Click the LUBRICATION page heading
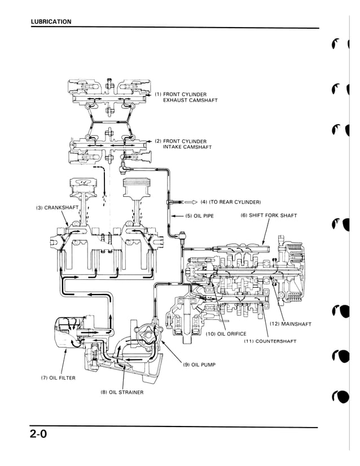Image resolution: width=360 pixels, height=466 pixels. coord(51,22)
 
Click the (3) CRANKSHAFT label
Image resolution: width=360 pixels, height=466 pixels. coord(56,208)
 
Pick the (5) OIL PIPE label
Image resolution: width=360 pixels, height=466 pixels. coord(199,216)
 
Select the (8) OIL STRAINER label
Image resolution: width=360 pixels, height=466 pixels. coord(121,392)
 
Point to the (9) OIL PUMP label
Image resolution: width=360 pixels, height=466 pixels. coord(199,364)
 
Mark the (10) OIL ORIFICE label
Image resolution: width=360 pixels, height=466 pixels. coord(226,333)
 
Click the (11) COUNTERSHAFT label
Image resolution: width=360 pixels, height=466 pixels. coord(270,341)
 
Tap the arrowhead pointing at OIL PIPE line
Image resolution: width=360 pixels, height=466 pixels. coord(174,216)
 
